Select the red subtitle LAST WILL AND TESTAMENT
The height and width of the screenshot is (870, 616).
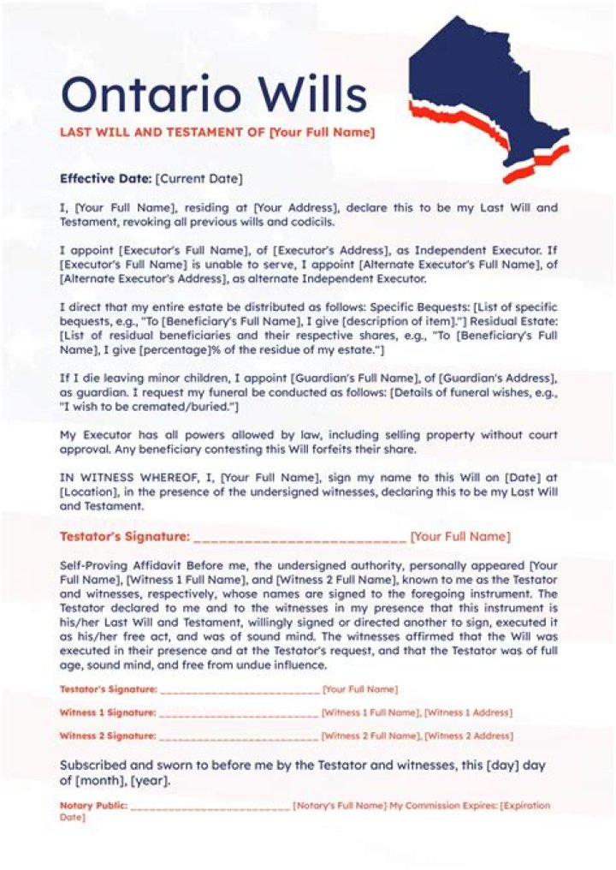[163, 133]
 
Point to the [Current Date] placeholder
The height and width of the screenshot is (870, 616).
[199, 179]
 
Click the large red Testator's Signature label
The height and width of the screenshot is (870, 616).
[124, 537]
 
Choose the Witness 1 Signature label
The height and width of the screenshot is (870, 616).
[108, 712]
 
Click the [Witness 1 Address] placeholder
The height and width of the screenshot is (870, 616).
[469, 712]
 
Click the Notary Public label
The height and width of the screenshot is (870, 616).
[93, 806]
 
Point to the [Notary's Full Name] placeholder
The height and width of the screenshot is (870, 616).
[339, 806]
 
